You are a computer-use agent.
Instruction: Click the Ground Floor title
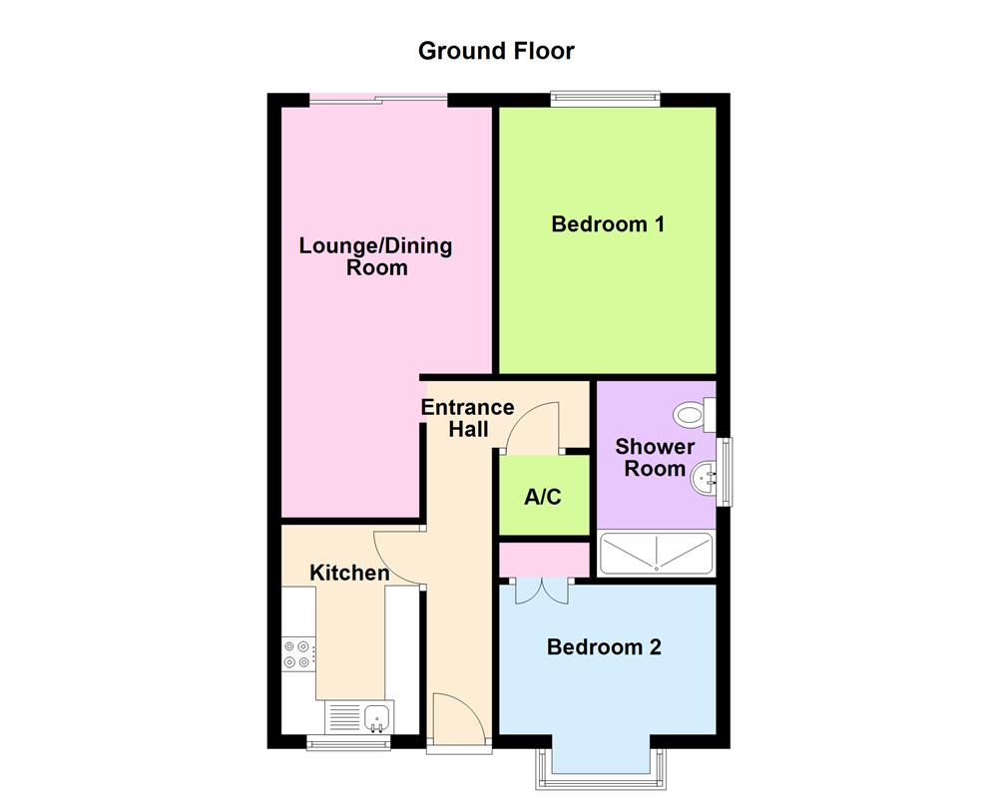(496, 50)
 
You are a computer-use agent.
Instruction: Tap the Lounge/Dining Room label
(376, 256)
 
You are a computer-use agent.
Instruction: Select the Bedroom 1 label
(608, 223)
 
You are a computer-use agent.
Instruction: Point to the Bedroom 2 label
(604, 647)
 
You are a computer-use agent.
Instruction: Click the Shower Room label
(655, 458)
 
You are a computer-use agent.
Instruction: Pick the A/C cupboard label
(543, 496)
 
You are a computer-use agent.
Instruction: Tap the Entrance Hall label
(467, 418)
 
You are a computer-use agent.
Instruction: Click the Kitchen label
(349, 573)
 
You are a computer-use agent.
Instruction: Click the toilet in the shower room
(692, 412)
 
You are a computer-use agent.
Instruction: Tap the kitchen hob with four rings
(298, 653)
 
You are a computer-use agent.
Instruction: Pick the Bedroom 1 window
(606, 98)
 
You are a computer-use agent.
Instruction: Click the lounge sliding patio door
(377, 98)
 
